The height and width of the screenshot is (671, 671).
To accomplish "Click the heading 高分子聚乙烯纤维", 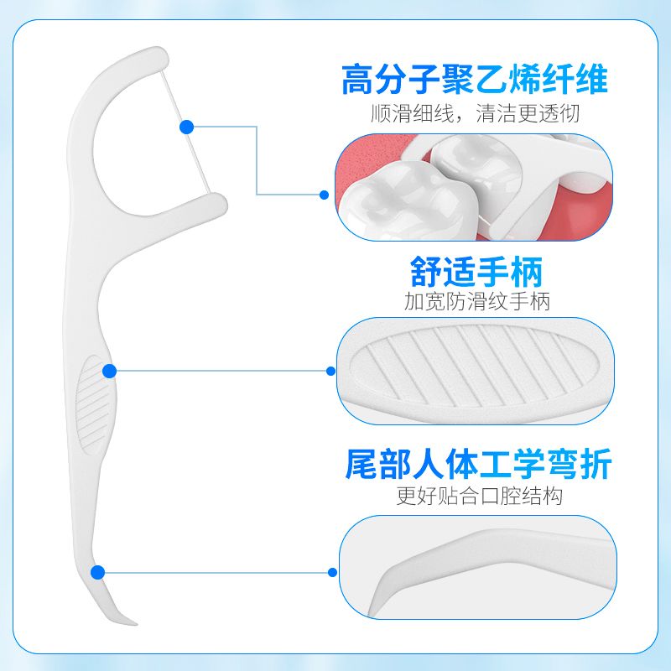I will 474,81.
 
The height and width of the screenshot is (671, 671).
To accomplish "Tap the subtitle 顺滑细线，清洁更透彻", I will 475,113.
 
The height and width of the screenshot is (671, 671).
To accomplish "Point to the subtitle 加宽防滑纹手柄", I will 476,301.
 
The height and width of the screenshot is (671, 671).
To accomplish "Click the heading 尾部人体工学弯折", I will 478,464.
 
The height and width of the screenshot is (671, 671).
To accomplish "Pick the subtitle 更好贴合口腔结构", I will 479,496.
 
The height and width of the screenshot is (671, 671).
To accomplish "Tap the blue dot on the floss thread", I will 187,127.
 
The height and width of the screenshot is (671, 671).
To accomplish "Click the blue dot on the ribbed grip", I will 109,371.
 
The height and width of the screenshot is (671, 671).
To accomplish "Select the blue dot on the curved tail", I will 97,572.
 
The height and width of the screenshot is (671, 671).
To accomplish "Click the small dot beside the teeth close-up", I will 325,195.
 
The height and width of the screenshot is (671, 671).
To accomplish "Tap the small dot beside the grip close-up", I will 330,371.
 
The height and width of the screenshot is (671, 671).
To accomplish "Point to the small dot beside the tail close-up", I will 332,572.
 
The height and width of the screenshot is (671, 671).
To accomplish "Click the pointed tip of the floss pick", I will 134,622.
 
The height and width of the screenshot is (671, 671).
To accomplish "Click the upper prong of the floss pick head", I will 143,60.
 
